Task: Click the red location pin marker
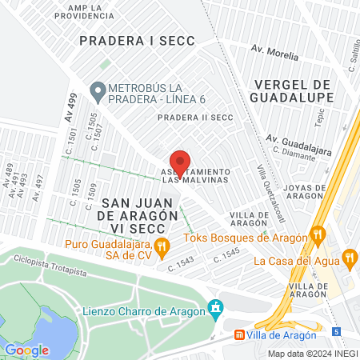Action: click(x=180, y=163)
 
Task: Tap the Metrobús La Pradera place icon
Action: click(x=98, y=92)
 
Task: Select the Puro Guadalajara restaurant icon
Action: click(x=162, y=246)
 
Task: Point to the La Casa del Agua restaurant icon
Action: click(x=349, y=258)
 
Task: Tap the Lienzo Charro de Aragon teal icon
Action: click(x=214, y=308)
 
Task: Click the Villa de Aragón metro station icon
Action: click(x=238, y=334)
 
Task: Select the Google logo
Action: click(x=26, y=350)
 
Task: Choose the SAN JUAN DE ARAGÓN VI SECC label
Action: click(x=126, y=209)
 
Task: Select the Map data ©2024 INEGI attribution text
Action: click(x=312, y=353)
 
